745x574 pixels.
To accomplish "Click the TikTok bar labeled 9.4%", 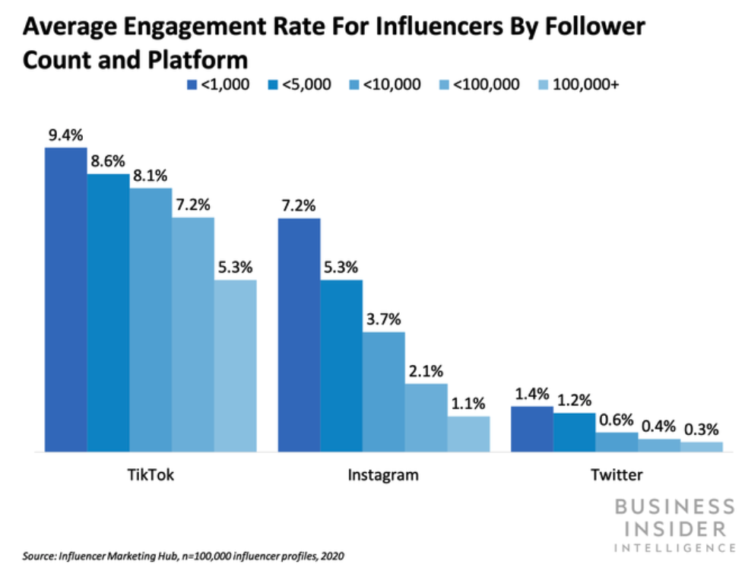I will pyautogui.click(x=65, y=300).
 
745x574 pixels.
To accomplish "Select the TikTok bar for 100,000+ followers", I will pyautogui.click(x=235, y=366).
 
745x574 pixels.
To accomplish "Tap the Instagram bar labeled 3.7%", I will pyautogui.click(x=383, y=392).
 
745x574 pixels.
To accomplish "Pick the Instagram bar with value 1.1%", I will pyautogui.click(x=468, y=434).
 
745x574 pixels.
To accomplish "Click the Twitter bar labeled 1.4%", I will pyautogui.click(x=531, y=429).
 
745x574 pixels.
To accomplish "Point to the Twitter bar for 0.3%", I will pyautogui.click(x=701, y=447).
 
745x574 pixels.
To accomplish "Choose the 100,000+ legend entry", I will pyautogui.click(x=577, y=84).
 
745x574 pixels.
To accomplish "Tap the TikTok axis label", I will pyautogui.click(x=151, y=476).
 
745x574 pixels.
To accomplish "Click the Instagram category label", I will pyautogui.click(x=383, y=476).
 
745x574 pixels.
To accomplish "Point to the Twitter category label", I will pyautogui.click(x=617, y=476).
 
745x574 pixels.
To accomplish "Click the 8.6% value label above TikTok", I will pyautogui.click(x=107, y=161).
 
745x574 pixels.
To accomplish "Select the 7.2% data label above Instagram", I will pyautogui.click(x=298, y=205).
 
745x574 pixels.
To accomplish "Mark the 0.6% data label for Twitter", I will pyautogui.click(x=617, y=420).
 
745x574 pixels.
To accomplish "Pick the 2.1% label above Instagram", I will pyautogui.click(x=426, y=371).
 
